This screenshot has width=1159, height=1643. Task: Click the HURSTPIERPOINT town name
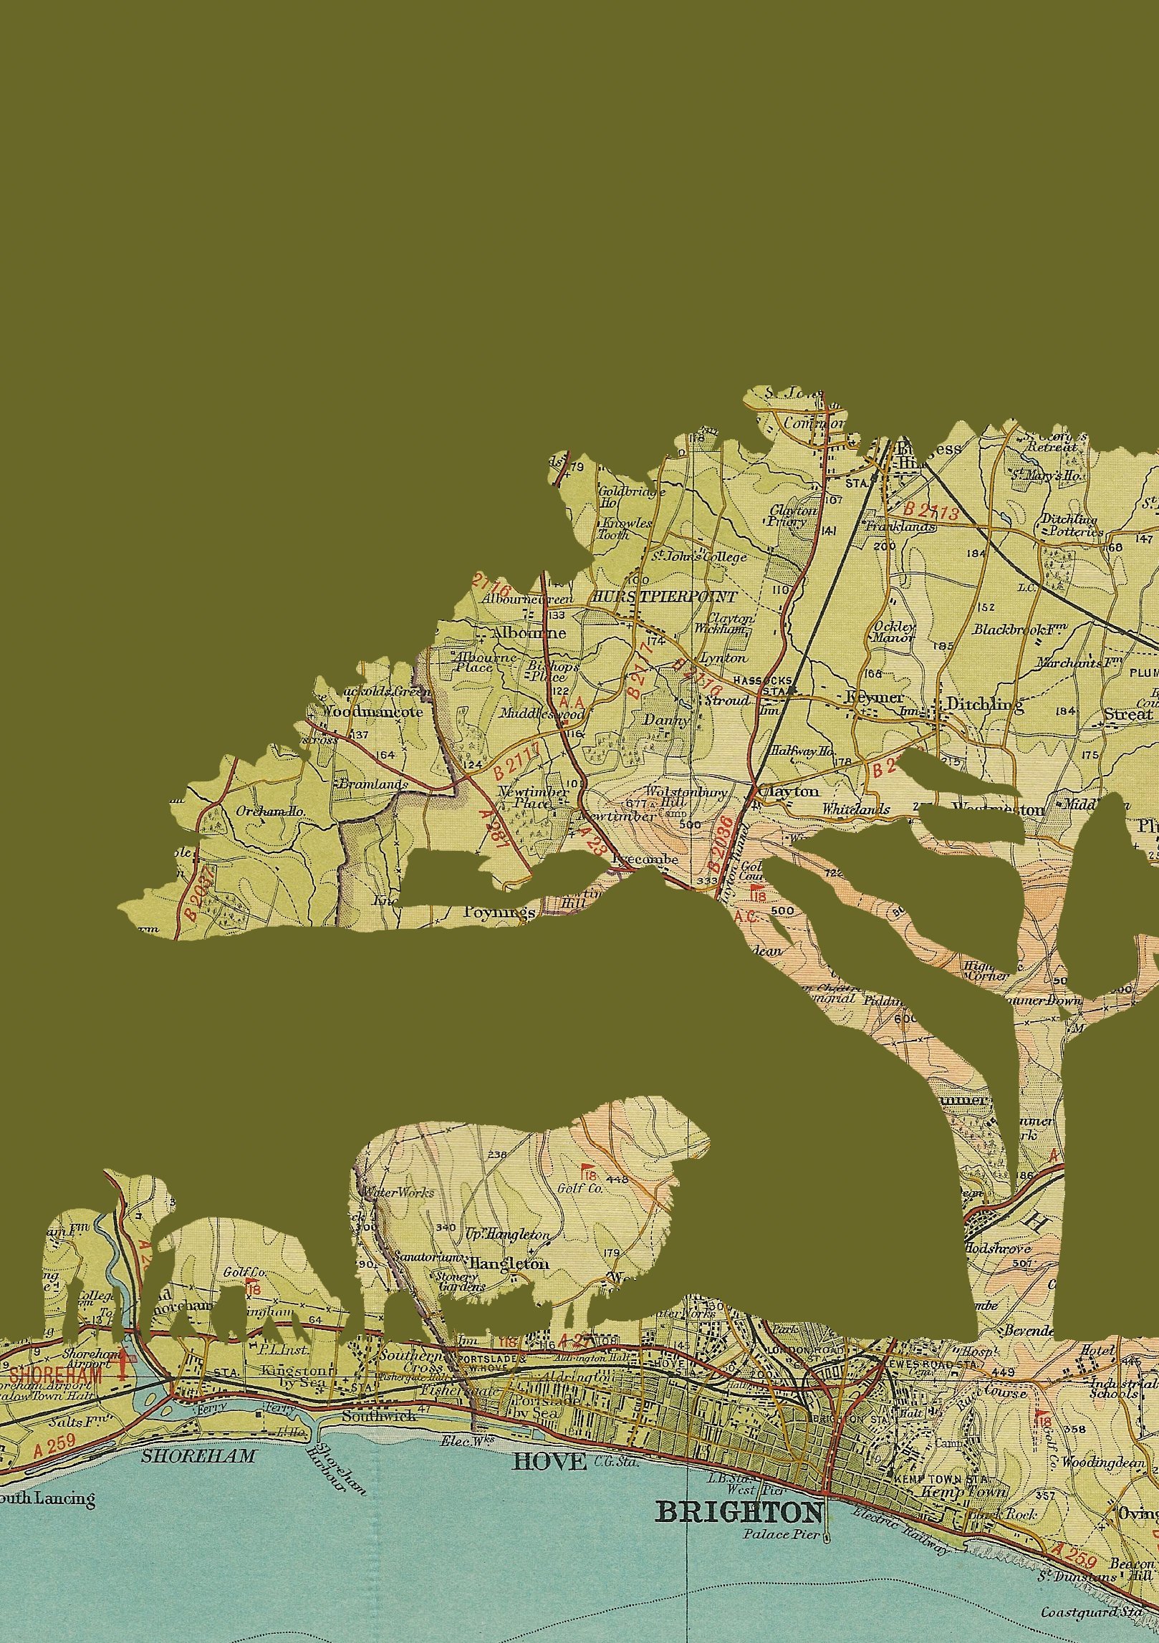663,597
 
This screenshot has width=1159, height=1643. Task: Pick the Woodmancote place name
372,712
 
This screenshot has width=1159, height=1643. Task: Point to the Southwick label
369,1416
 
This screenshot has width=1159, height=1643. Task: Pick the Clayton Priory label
793,516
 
